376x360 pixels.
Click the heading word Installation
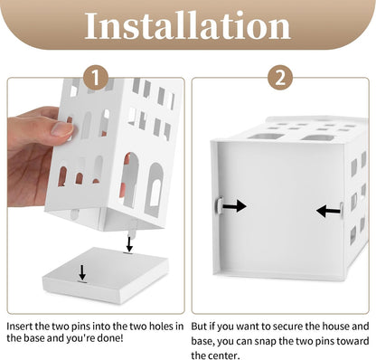187,25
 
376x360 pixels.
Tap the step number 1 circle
96,78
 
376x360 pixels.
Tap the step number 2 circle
280,78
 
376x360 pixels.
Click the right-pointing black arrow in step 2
234,206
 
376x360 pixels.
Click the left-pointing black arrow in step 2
328,211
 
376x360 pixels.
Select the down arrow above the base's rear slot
129,244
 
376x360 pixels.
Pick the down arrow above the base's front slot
82,272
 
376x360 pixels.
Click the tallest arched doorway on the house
131,180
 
